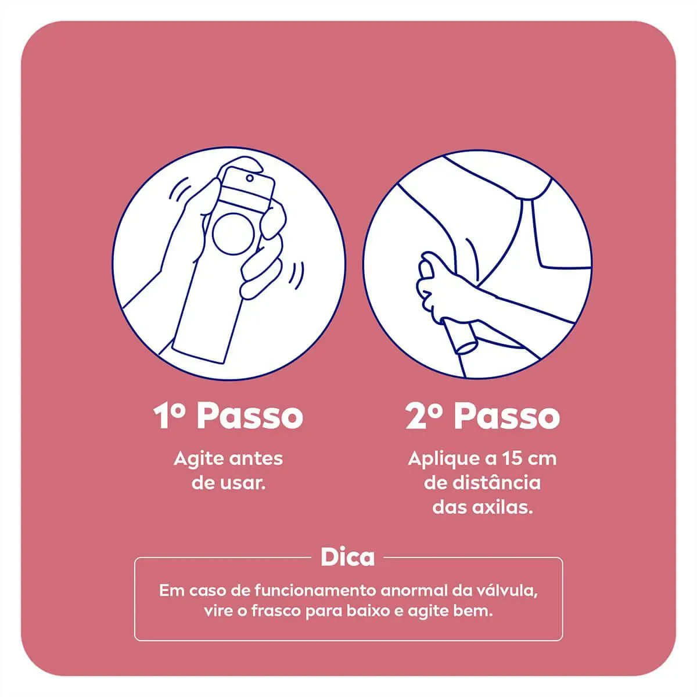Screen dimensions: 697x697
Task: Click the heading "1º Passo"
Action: [x=228, y=416]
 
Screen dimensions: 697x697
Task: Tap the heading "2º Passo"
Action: [x=483, y=416]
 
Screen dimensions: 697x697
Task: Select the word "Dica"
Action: [x=347, y=558]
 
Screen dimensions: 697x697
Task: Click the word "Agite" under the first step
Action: [x=199, y=460]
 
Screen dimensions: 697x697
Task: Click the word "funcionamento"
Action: [x=315, y=591]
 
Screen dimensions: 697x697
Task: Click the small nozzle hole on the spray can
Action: [x=249, y=178]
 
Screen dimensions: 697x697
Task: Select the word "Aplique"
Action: [x=444, y=460]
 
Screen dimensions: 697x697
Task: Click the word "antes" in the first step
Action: [x=256, y=459]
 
